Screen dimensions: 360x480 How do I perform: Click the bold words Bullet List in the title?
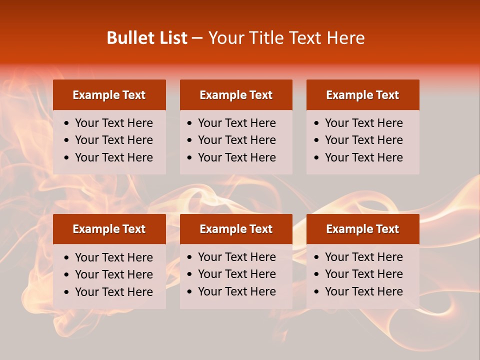click(x=147, y=38)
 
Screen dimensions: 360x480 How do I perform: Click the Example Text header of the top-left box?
click(x=109, y=95)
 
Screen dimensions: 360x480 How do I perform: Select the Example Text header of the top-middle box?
click(x=236, y=95)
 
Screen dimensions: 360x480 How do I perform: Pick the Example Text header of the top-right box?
click(x=362, y=95)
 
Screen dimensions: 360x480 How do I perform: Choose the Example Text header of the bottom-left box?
click(x=109, y=229)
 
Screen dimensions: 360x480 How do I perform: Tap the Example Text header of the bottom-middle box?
click(x=236, y=229)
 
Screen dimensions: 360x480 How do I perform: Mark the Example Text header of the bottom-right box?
click(x=362, y=229)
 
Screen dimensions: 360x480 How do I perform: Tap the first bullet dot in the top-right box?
click(x=316, y=123)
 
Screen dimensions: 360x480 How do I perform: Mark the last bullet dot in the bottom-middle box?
click(x=189, y=292)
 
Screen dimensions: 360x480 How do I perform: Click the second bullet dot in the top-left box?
click(x=67, y=140)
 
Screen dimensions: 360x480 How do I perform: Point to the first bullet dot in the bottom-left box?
click(x=67, y=258)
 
